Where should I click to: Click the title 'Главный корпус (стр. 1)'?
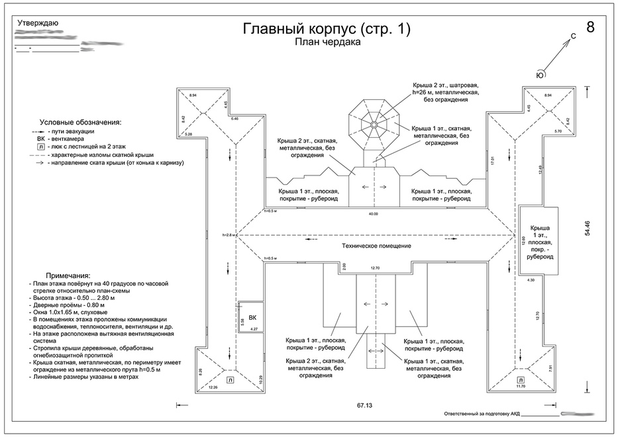327,29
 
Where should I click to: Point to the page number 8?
591,27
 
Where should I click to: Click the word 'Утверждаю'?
38,23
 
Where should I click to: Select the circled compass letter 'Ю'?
541,75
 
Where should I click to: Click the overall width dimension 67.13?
364,405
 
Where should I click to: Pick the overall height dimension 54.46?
586,229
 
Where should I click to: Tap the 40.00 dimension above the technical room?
374,214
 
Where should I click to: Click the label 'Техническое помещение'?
376,246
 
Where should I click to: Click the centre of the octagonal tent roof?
374,124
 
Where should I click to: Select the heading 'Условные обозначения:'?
81,122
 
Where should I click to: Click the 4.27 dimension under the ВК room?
252,328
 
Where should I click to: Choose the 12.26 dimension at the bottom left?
213,387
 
